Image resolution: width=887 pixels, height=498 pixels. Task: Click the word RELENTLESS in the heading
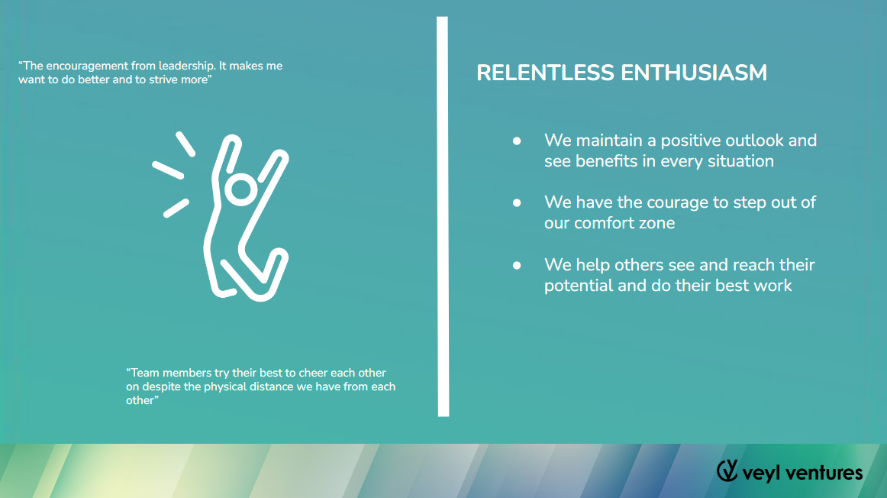[x=545, y=73]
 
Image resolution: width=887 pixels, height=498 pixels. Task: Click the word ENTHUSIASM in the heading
[x=694, y=73]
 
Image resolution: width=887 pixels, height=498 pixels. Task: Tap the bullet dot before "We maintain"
[x=517, y=141]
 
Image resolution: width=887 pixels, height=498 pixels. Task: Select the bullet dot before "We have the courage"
[x=517, y=202]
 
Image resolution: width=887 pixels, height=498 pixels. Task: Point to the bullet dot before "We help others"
[x=517, y=265]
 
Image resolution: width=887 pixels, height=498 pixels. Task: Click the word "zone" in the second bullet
[x=656, y=224]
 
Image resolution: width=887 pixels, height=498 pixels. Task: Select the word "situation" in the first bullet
[x=740, y=161]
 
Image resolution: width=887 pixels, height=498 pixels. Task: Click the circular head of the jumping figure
[x=241, y=190]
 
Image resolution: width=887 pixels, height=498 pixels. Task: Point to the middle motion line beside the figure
[x=168, y=170]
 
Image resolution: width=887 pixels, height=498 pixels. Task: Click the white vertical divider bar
[x=443, y=217]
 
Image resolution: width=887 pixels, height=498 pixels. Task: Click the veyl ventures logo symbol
[x=727, y=471]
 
